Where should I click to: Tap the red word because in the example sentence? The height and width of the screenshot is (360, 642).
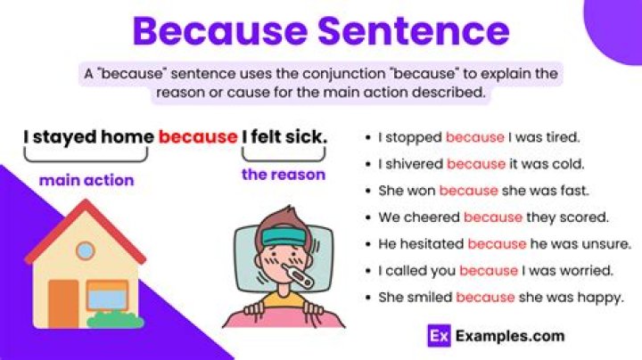[198, 137]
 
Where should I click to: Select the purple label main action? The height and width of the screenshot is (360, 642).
[86, 181]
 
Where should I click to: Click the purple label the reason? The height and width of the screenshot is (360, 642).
[284, 175]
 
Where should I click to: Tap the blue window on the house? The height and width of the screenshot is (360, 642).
[107, 293]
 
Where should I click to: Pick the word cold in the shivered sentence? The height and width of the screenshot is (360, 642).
[565, 164]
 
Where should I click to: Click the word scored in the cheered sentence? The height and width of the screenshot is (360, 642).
[583, 217]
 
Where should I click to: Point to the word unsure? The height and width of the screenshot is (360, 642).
[607, 243]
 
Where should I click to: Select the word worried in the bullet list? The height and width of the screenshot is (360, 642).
[587, 271]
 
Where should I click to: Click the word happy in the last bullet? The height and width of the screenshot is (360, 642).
[602, 298]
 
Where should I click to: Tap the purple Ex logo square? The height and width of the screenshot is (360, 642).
[436, 336]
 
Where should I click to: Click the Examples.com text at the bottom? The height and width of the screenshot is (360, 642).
[509, 336]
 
